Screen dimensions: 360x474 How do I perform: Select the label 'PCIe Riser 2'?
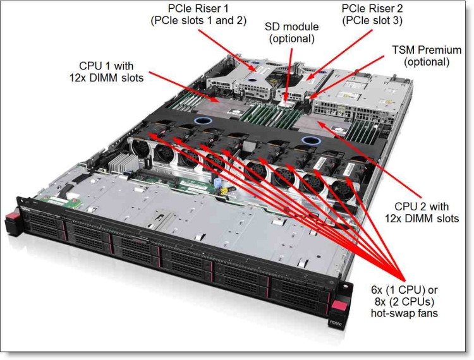point(371,9)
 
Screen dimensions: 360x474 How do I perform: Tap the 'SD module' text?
point(291,27)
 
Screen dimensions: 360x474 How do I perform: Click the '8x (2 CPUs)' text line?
point(405,301)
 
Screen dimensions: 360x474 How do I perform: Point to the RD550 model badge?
point(335,322)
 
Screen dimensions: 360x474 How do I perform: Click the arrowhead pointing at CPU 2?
point(321,124)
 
